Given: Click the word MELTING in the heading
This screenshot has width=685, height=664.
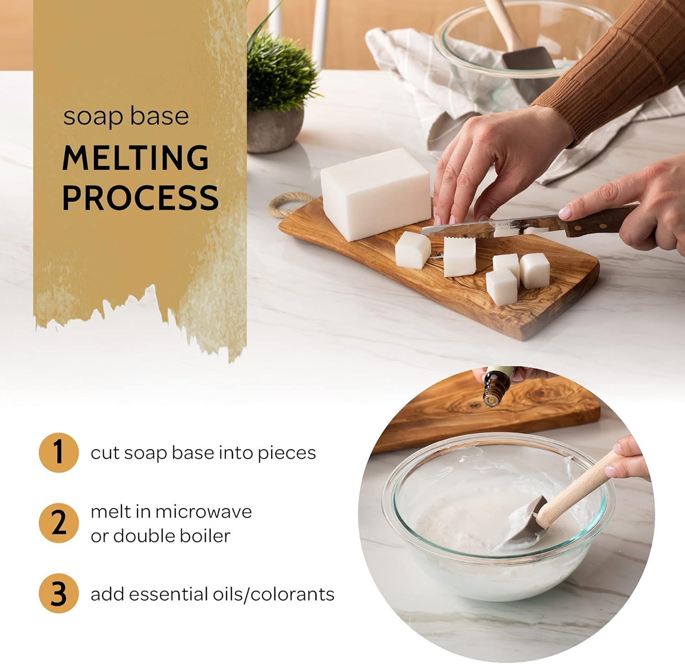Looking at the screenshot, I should click(136, 158).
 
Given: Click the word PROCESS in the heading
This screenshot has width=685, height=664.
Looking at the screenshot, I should click(140, 197).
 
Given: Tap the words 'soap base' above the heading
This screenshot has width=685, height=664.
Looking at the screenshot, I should click(126, 116).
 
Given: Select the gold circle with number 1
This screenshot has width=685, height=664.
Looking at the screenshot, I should click(58, 452).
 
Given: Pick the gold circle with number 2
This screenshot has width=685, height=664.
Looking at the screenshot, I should click(58, 523).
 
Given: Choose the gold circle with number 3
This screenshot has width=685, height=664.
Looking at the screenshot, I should click(58, 594).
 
